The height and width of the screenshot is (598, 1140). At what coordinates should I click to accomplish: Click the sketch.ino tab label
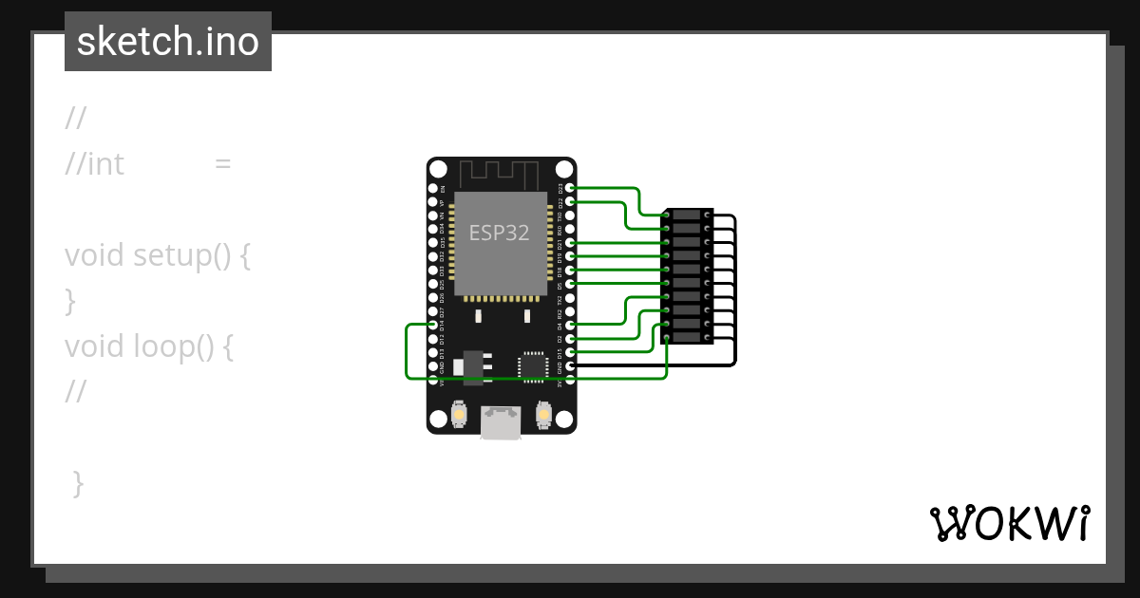click(168, 42)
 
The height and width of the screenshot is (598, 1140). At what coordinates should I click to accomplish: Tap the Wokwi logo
click(1009, 523)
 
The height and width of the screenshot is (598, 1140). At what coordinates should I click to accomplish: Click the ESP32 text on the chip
click(499, 233)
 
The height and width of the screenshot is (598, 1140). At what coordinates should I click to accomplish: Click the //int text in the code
click(95, 164)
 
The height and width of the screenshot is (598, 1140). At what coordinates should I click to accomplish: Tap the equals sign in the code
click(223, 164)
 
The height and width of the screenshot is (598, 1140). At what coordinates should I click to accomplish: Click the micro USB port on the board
click(501, 422)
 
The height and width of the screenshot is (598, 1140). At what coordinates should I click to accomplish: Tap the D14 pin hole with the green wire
click(433, 325)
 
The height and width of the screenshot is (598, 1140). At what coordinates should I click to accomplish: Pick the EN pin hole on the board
click(433, 188)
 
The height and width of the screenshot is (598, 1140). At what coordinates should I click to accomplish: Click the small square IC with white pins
click(533, 366)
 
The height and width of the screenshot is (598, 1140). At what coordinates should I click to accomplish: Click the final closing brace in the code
click(79, 484)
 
